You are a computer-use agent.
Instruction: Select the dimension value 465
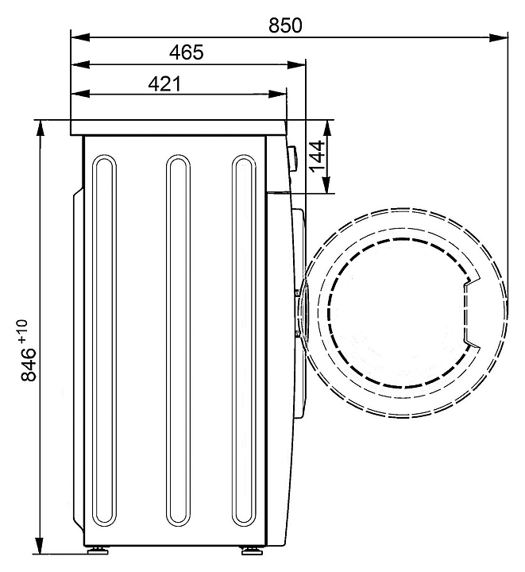(187, 53)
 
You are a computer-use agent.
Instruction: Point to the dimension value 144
(316, 157)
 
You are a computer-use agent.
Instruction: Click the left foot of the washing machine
(97, 549)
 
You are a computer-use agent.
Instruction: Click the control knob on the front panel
(291, 157)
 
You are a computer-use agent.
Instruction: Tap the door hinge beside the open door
(299, 313)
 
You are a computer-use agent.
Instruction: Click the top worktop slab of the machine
(178, 127)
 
